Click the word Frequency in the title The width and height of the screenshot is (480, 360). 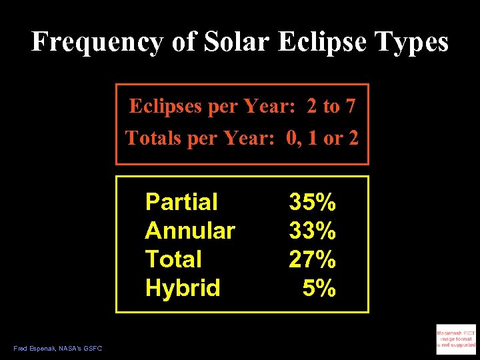point(97,42)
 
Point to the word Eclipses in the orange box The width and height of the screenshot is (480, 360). point(166,106)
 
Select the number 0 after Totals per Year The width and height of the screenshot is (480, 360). point(291,138)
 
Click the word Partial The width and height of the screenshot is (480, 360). point(181,201)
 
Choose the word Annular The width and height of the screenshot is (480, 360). point(190,231)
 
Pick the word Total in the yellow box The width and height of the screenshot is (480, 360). point(173,259)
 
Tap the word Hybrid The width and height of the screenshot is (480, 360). point(183,288)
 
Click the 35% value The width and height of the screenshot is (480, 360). point(312,201)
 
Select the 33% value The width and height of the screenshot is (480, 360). point(312,231)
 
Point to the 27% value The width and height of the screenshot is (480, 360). point(312,259)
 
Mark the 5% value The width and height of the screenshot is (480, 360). point(319,288)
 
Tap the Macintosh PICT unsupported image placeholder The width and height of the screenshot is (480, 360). point(456,337)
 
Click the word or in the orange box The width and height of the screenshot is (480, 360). point(333,138)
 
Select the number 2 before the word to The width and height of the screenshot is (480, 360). point(312,106)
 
